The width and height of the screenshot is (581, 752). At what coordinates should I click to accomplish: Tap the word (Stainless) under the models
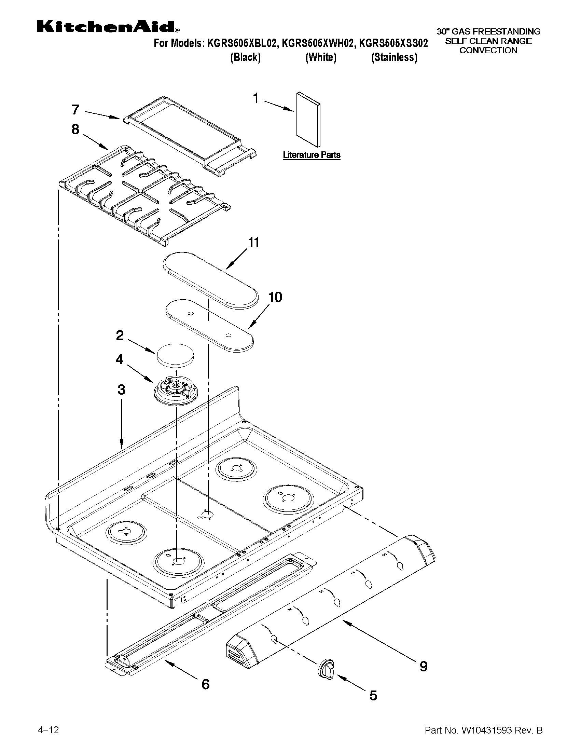click(394, 57)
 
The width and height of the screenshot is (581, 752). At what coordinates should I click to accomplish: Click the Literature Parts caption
click(312, 155)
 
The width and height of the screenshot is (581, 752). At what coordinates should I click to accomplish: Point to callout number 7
click(76, 109)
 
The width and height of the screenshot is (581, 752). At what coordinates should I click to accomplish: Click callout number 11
click(254, 242)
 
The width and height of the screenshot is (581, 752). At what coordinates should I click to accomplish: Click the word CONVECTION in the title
click(488, 50)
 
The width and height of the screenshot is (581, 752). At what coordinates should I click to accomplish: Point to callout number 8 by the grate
click(75, 129)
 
